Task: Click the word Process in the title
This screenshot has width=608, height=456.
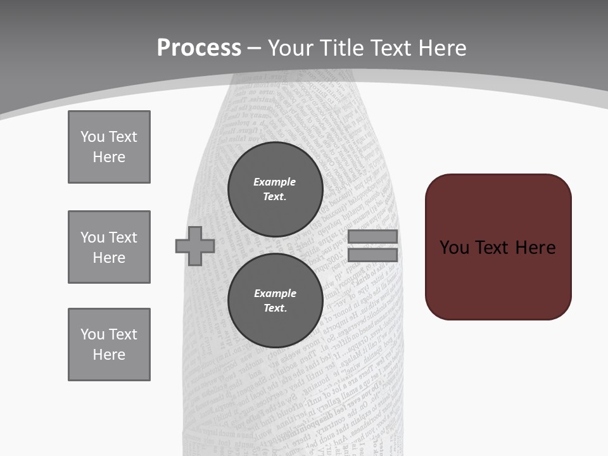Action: coord(199,48)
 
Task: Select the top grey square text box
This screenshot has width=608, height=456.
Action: coord(109,147)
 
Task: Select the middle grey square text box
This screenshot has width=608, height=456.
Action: coord(109,247)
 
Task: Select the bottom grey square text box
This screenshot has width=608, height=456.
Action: coord(109,345)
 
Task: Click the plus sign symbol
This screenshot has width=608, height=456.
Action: coord(195,246)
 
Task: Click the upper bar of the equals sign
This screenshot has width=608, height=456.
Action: coord(372,236)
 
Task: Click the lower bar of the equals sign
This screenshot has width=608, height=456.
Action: coord(372,255)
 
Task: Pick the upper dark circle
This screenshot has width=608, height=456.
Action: coord(275,189)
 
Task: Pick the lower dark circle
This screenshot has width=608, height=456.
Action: coord(275,300)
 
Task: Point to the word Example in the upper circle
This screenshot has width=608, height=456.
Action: coord(274,182)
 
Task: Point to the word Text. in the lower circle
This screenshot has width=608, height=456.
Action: coord(275,308)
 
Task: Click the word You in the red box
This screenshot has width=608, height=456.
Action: coord(454,248)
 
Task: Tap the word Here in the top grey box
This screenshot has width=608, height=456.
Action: coord(109,157)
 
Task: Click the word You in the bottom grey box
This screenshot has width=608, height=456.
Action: coord(92,334)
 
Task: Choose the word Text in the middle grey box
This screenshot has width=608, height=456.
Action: coord(122,237)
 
